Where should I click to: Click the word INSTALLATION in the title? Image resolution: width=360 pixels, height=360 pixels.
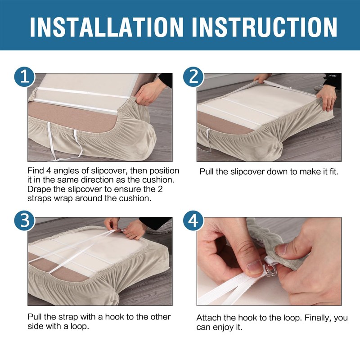[107, 27]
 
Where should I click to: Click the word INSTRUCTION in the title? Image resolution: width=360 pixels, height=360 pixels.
[265, 27]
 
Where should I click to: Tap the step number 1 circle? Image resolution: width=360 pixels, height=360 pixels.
[25, 77]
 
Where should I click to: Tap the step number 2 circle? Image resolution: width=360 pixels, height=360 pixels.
[193, 77]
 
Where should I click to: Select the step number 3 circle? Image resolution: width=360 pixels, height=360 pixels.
[25, 220]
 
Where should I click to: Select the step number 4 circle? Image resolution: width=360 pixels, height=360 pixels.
[193, 220]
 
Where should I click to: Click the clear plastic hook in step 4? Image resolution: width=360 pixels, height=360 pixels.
[271, 269]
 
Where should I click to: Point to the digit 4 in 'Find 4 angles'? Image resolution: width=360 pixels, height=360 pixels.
[48, 171]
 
